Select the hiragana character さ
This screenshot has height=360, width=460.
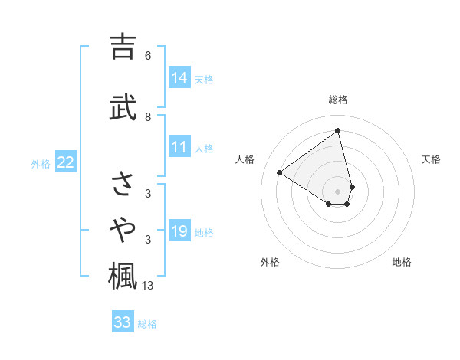123,184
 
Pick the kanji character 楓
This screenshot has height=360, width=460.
123,276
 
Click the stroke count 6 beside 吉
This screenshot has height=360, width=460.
148,56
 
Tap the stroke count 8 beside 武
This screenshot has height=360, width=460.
148,117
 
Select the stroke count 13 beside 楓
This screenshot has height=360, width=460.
148,286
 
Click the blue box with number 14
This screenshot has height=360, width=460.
179,78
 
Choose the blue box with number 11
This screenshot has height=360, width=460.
179,148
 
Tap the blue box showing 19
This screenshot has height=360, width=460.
179,231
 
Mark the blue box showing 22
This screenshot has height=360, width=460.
66,162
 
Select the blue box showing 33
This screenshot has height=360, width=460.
122,322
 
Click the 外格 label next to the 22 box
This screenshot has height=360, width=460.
41,163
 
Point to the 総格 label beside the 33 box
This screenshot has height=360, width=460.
147,324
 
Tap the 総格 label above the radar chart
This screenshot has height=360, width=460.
338,100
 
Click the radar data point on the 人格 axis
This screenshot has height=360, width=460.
279,173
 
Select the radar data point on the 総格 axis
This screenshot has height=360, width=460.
338,130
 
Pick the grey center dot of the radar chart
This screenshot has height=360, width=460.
338,191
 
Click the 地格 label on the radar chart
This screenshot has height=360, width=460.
402,262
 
